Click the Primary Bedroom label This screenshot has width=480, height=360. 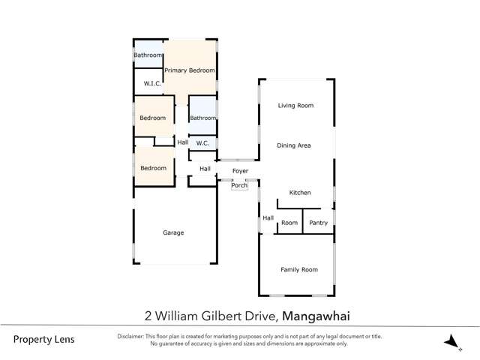(x=190, y=70)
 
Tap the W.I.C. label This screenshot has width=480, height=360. (x=153, y=84)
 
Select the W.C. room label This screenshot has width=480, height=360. (x=202, y=143)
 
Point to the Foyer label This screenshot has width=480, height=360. (x=240, y=172)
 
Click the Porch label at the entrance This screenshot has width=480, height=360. (x=239, y=185)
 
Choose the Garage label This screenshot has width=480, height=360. (x=173, y=232)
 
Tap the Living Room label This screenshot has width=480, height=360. (x=295, y=106)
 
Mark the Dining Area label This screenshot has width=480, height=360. (x=294, y=145)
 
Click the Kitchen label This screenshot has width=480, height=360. (x=300, y=193)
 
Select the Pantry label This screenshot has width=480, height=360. (x=319, y=223)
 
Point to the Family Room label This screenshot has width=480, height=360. (x=299, y=269)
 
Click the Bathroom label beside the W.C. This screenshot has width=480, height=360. (x=202, y=118)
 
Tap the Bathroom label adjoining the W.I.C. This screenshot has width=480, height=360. (x=148, y=55)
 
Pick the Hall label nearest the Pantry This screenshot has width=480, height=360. (x=268, y=218)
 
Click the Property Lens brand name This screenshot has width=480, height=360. (x=44, y=339)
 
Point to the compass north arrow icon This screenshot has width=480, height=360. (x=451, y=342)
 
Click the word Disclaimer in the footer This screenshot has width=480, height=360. (x=133, y=336)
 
